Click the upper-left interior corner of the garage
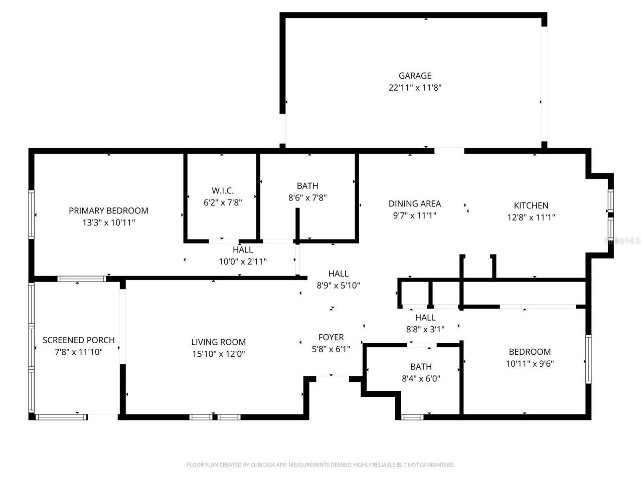pos(285,18)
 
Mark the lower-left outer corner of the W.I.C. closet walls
pos(184,243)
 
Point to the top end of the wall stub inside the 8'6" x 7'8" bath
pos(297,208)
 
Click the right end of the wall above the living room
pos(307,278)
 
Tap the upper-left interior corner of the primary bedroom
pos(35,154)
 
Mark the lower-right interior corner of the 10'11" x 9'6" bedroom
pos(586,414)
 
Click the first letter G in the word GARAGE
pos(402,76)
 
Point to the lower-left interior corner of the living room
pos(126,414)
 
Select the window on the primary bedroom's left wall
pos(31,214)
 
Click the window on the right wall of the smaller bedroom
pos(588,359)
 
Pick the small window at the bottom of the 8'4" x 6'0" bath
pos(412,417)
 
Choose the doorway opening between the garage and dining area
pos(449,151)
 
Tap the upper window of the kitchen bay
pos(611,201)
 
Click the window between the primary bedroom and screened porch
pos(82,279)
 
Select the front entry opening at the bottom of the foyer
pos(333,379)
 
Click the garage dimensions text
pos(415,88)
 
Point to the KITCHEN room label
pos(531,205)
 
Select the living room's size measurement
pos(219,354)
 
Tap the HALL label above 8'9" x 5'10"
pos(338,274)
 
